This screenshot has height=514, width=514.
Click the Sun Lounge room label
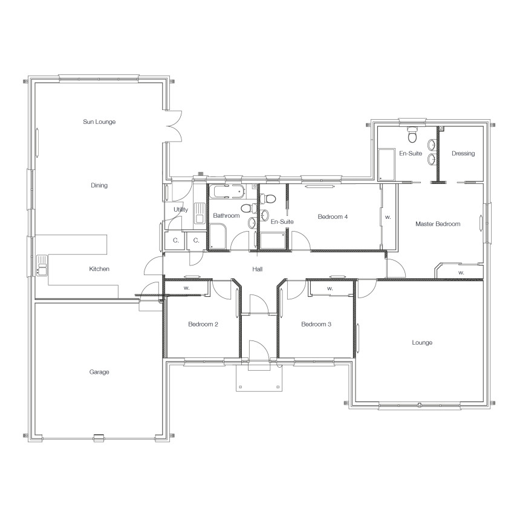point(99,122)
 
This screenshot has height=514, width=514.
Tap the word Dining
point(99,186)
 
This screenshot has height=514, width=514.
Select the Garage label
point(99,372)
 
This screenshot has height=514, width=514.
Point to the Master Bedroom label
point(438,224)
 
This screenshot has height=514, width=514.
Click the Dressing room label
point(463,154)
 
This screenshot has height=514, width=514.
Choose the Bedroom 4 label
point(333,216)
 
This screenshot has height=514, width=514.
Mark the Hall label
point(258,269)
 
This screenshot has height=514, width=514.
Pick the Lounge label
point(422,342)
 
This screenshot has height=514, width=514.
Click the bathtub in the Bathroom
point(227,192)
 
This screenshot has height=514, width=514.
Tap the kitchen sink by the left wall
point(42,265)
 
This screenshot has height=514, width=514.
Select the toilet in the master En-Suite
point(412,134)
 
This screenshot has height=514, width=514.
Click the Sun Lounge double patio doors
point(174,126)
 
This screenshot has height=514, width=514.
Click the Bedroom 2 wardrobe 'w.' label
point(186,288)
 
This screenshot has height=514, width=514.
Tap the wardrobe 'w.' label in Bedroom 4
point(388,217)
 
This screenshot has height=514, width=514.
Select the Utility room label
point(181,209)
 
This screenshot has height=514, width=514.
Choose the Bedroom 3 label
point(316,324)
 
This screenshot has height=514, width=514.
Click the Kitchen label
point(99,269)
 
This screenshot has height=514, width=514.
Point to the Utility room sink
point(200,213)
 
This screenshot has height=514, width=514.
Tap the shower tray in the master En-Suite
point(386,164)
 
